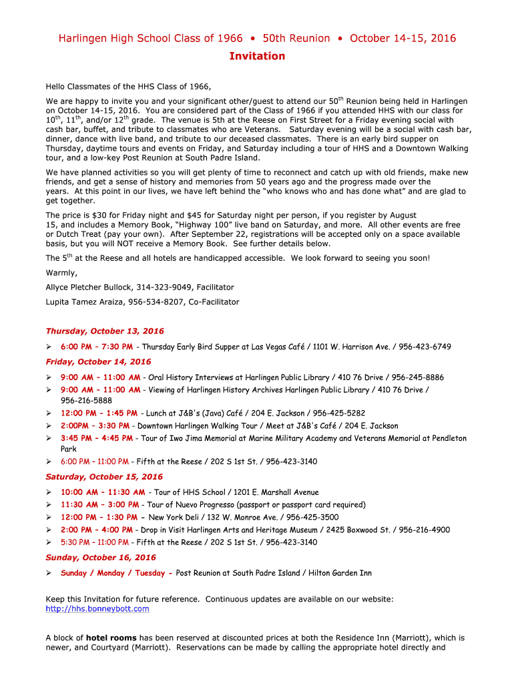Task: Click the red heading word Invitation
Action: (257, 56)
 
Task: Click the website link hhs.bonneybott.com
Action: (97, 608)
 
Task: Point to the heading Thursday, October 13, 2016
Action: (104, 331)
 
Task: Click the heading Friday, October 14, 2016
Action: (98, 362)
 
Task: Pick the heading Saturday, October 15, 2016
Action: (104, 477)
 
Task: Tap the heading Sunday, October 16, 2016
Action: (101, 557)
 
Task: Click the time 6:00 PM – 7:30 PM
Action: (97, 347)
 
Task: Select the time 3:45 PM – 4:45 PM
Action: (97, 438)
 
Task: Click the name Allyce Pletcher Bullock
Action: (88, 287)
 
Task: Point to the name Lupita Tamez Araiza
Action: (84, 301)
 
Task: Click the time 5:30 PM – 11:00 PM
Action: (95, 542)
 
